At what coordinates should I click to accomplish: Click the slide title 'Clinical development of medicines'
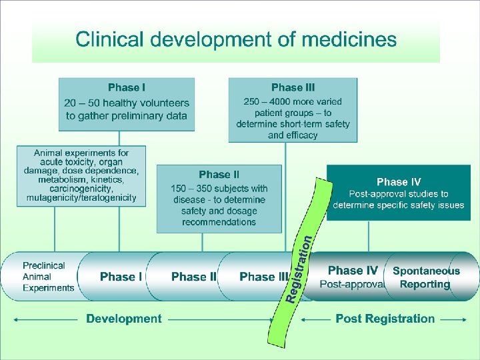(x=236, y=39)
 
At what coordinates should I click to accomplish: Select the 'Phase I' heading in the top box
(x=127, y=87)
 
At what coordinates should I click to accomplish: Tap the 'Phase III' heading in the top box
(x=293, y=87)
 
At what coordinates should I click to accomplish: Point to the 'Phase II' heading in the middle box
(x=219, y=175)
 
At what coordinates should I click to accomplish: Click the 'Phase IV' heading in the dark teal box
(x=399, y=181)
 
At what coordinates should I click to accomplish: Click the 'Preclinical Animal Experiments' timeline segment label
(x=48, y=277)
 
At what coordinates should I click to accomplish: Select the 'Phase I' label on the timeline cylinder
(x=121, y=277)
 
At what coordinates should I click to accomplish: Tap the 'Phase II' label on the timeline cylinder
(x=193, y=277)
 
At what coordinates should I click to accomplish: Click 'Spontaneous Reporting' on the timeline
(x=426, y=277)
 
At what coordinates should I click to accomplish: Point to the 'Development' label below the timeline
(x=123, y=319)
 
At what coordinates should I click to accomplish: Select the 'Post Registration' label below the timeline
(x=385, y=319)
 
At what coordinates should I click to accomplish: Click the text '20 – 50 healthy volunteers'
(x=127, y=103)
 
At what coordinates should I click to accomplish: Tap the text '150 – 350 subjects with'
(x=219, y=188)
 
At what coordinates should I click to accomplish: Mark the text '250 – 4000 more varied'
(x=293, y=102)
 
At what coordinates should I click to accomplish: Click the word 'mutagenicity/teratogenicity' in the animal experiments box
(x=81, y=197)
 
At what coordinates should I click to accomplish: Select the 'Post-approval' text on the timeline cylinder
(x=352, y=284)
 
